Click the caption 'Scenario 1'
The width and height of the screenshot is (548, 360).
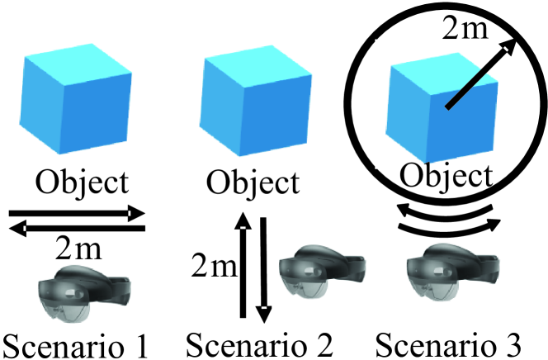79,340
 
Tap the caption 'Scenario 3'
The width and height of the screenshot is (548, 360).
451,340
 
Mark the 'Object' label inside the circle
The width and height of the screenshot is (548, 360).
445,176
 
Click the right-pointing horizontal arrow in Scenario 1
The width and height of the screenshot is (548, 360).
78,213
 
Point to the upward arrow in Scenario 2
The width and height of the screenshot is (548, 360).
243,264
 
